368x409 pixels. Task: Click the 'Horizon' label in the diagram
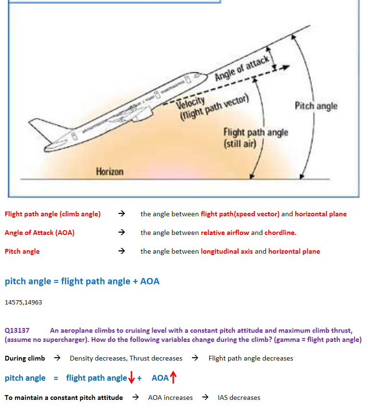tap(109, 172)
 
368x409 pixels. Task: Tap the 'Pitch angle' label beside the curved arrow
tap(316, 106)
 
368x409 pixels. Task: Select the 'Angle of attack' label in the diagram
tap(242, 68)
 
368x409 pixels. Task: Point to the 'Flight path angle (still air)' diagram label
tap(256, 138)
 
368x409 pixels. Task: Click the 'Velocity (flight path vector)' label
tap(212, 107)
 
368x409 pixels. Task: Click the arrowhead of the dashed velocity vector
tap(286, 67)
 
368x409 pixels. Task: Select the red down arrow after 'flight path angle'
tap(131, 377)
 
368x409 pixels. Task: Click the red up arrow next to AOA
tap(173, 377)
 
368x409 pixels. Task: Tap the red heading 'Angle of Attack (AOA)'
tap(39, 233)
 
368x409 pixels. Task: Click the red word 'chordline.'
tap(280, 233)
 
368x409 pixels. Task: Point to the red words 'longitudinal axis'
tap(226, 251)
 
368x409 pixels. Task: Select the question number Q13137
tap(17, 330)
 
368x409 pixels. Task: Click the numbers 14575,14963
tap(23, 303)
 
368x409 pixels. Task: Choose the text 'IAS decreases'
tap(239, 397)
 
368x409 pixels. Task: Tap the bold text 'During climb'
tap(25, 358)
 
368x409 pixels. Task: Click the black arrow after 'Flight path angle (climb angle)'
tap(121, 214)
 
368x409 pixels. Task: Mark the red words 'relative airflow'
tap(225, 233)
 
